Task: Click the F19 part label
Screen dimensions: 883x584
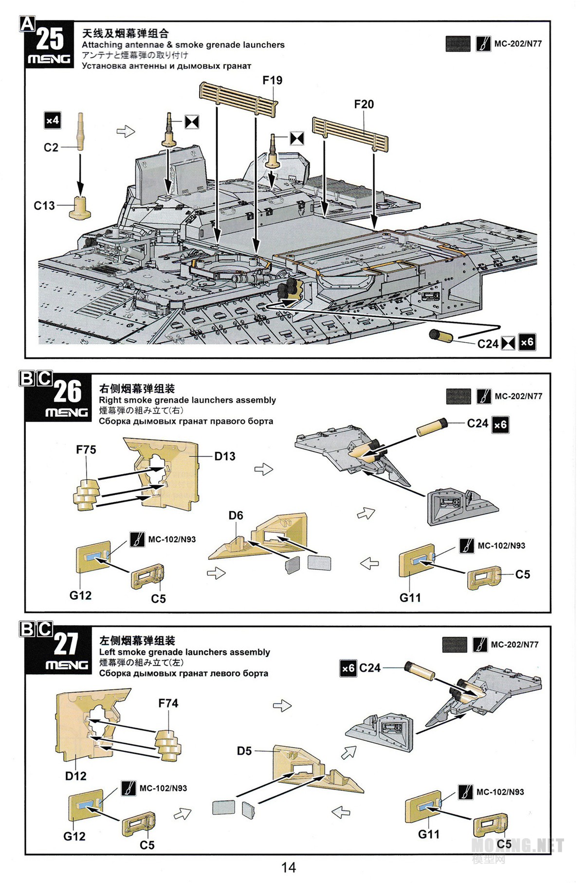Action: tap(272, 80)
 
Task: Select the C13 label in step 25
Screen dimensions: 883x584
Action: tap(44, 206)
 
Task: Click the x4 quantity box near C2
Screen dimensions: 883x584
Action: tap(53, 120)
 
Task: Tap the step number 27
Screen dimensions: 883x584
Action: tap(66, 644)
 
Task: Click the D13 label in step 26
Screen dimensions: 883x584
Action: tap(225, 456)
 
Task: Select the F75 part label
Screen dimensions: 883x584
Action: tap(86, 450)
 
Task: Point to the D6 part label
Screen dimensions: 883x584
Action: tap(236, 515)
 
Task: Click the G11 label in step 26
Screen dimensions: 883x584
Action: tap(410, 597)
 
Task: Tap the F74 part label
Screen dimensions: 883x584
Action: tap(168, 703)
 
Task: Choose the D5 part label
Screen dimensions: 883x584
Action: tap(244, 751)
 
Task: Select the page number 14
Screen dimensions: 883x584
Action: tap(288, 867)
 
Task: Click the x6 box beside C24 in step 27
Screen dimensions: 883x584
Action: tap(348, 668)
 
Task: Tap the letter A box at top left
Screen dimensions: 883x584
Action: tap(27, 23)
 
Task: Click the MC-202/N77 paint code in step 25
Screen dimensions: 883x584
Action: tap(518, 44)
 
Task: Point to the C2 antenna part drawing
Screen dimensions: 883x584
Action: tap(80, 130)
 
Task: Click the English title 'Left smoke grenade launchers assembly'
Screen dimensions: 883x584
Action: tap(184, 652)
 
